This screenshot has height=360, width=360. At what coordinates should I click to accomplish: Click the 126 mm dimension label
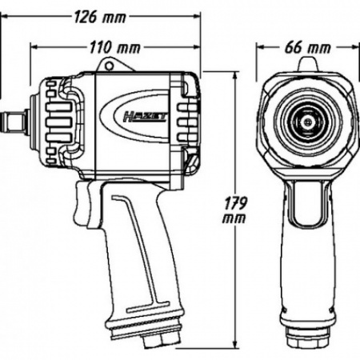tap(99, 18)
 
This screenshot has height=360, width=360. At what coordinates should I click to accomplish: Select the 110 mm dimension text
tap(114, 48)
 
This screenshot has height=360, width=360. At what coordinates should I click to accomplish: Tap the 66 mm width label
tap(308, 48)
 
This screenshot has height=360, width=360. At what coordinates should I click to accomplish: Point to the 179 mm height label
tap(234, 210)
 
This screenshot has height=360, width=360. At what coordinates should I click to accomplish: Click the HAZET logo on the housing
tap(146, 118)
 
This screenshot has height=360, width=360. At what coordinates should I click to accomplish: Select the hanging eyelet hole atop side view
tap(109, 66)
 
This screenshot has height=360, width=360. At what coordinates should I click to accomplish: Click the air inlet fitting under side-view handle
tap(161, 342)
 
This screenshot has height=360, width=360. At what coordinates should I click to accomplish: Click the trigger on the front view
tap(308, 202)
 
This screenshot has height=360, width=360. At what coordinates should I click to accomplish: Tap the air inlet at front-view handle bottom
tap(308, 337)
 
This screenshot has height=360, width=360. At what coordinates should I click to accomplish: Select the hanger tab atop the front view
tap(308, 65)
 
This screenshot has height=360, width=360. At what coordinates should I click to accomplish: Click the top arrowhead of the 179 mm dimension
tap(235, 75)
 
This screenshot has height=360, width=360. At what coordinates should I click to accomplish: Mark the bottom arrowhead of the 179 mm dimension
tap(235, 345)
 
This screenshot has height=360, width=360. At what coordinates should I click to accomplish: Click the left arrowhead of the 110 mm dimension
tap(34, 47)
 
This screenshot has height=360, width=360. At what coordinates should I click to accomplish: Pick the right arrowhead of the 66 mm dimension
tap(356, 47)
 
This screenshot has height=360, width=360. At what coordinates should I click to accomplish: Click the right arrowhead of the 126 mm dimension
tap(197, 17)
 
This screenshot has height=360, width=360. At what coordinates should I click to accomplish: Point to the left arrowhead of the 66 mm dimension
tap(260, 47)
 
